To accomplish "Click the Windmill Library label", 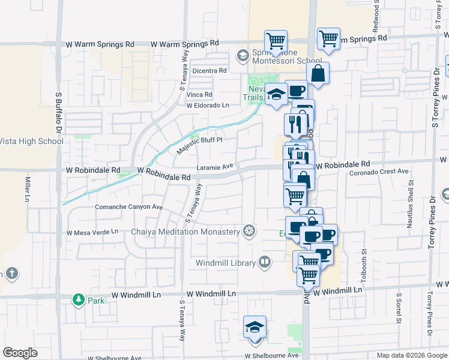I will pyautogui.click(x=225, y=262).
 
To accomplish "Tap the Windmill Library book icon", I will pyautogui.click(x=265, y=262).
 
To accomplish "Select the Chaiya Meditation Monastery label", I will pyautogui.click(x=185, y=232).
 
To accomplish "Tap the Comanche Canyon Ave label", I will pyautogui.click(x=128, y=207).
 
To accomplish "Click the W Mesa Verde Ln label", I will pyautogui.click(x=92, y=232).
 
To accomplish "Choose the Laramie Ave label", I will pyautogui.click(x=214, y=167).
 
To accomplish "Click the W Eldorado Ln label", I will pyautogui.click(x=208, y=106).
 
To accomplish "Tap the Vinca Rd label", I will pyautogui.click(x=199, y=95).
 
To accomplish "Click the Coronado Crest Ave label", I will pyautogui.click(x=378, y=172).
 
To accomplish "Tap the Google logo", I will pyautogui.click(x=20, y=353).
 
